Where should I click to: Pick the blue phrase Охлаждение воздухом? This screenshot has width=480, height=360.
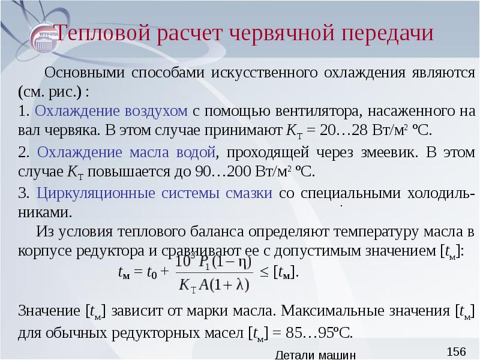point(112,112)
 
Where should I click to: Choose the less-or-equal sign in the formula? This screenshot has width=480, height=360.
point(264,272)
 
